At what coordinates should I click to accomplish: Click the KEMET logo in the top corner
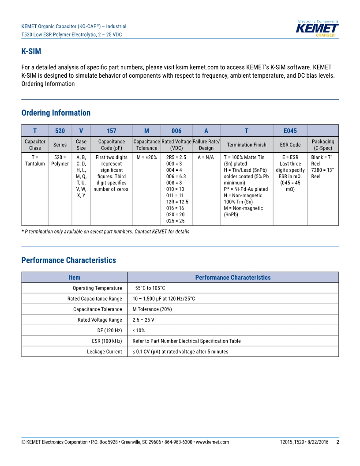pos(317,28)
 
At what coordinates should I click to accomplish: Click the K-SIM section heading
pos(31,52)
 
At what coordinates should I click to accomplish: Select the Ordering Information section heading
pos(56,113)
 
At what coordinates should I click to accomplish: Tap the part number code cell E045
pos(290,131)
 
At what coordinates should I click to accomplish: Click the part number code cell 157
pos(112,131)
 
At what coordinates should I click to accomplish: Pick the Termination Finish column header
pos(247,145)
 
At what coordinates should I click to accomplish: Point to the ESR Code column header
pos(290,145)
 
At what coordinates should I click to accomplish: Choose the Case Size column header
pos(81,145)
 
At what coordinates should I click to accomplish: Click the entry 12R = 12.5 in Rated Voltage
pos(177,202)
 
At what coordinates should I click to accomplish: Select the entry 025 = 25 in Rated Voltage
pos(175,221)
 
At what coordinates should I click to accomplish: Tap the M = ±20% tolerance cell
pos(146,158)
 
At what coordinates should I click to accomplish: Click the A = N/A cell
pos(206,158)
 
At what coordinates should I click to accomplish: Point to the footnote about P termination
pos(106,232)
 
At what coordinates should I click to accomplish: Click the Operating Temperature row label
pos(97,288)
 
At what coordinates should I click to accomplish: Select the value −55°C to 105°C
pos(149,288)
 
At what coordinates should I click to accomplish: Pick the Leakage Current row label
pos(104,352)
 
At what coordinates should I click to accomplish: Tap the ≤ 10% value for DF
pos(139,331)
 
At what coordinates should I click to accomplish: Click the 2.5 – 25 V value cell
pos(143,320)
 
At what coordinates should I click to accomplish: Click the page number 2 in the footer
pos(337,442)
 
